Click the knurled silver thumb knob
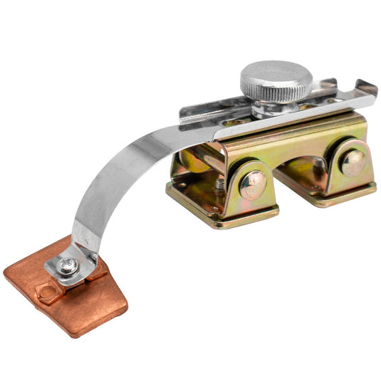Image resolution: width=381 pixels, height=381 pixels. (x=274, y=80)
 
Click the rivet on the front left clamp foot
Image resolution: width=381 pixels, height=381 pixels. (x=253, y=184)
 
